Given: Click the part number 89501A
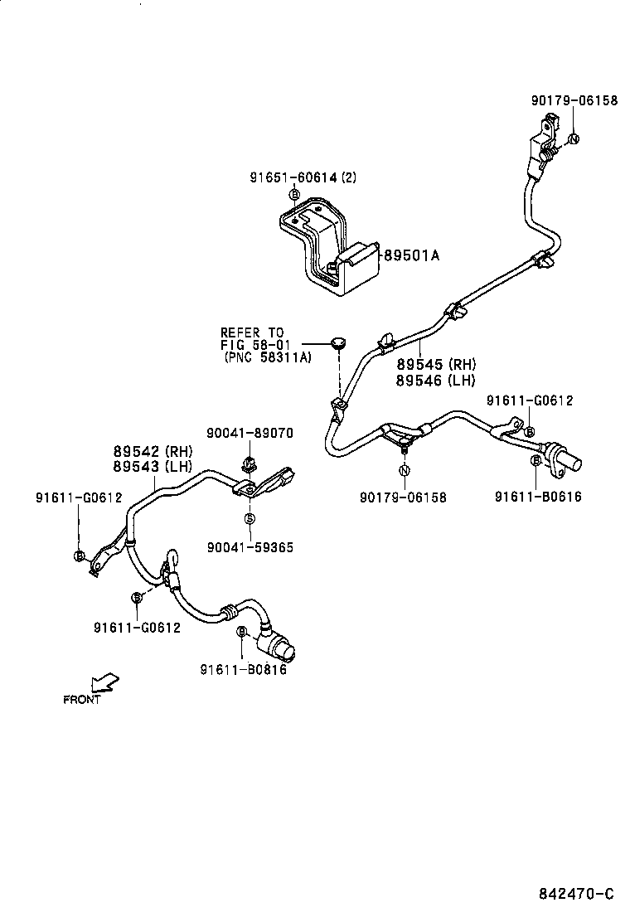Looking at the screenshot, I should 410,255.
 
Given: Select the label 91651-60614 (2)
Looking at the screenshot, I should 303,177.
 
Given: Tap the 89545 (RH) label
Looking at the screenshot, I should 435,365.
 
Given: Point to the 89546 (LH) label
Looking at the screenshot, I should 435,380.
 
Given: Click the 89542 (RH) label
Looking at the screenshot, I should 153,452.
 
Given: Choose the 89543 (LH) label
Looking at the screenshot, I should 153,466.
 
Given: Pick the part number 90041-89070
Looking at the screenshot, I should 250,433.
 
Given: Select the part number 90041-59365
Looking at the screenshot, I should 250,548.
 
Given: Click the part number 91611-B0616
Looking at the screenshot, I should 538,497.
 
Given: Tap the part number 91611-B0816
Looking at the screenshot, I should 243,670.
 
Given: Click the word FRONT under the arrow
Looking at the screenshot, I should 82,700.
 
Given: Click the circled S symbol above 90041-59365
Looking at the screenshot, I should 249,518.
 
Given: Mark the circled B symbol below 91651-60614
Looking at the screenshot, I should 293,195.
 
